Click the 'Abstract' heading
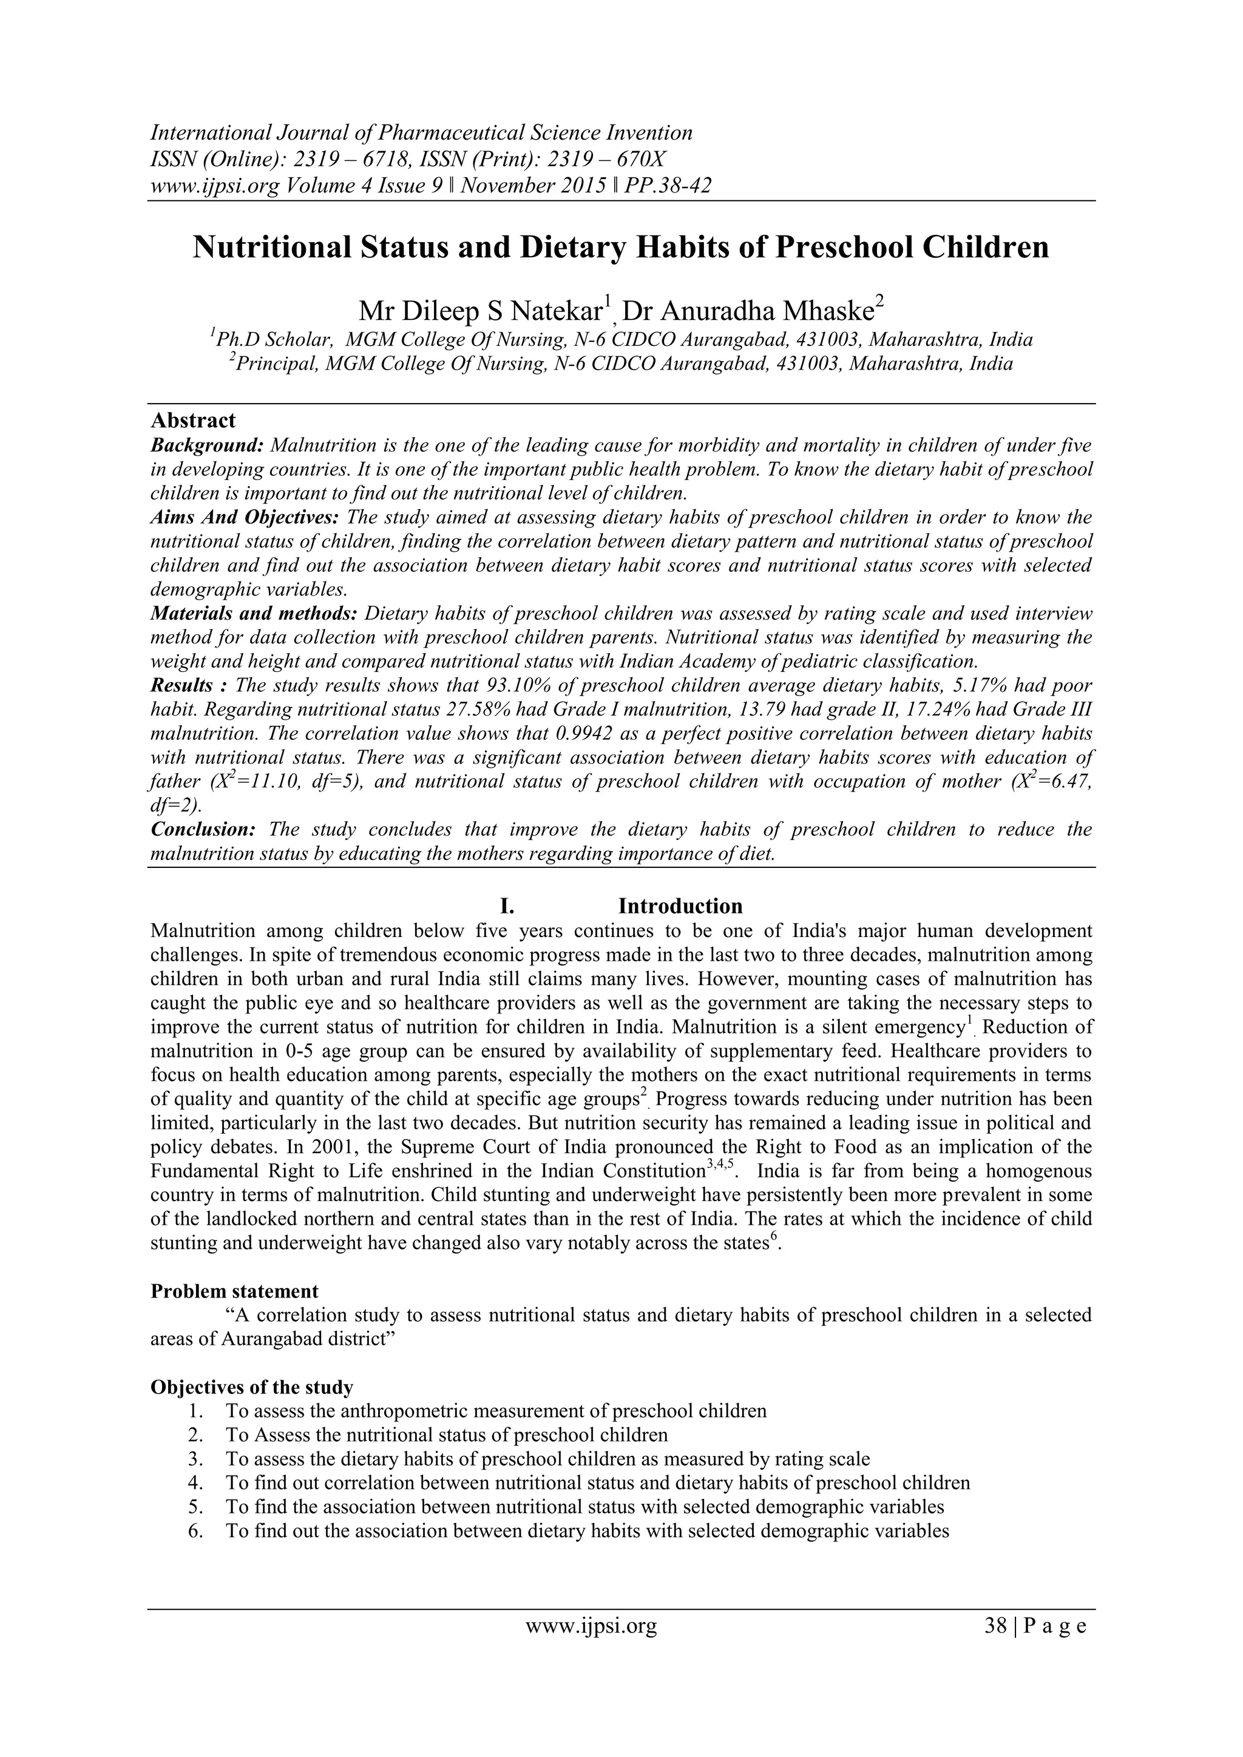(193, 421)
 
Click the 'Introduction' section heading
(680, 906)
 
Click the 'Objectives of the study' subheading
(252, 1387)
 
